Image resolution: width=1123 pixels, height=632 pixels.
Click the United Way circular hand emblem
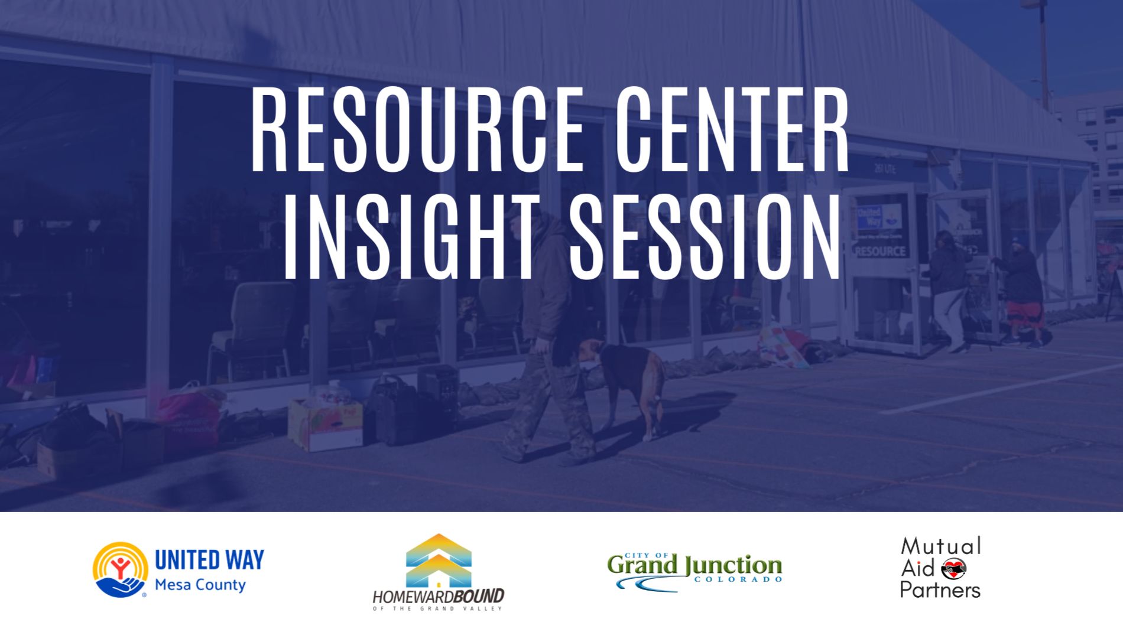pyautogui.click(x=120, y=569)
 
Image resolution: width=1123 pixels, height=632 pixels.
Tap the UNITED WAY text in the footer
pyautogui.click(x=209, y=559)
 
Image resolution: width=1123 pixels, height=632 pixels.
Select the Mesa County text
pyautogui.click(x=200, y=585)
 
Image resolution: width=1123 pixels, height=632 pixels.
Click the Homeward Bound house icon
pyautogui.click(x=439, y=561)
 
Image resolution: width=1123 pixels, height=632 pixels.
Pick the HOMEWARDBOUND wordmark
pyautogui.click(x=439, y=595)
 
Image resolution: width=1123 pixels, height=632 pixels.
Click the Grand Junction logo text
pyautogui.click(x=694, y=565)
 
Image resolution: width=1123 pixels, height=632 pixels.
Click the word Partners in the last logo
pyautogui.click(x=940, y=589)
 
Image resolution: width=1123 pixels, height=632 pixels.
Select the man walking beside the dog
pyautogui.click(x=547, y=337)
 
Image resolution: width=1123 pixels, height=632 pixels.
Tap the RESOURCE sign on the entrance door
pyautogui.click(x=880, y=251)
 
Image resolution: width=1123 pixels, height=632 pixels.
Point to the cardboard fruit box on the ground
pyautogui.click(x=325, y=423)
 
